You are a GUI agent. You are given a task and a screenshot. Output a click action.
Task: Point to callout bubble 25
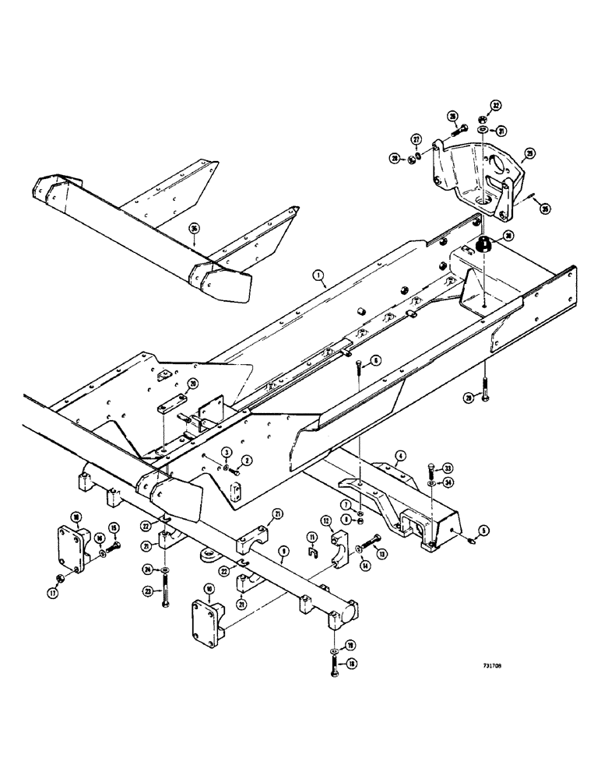pyautogui.click(x=530, y=153)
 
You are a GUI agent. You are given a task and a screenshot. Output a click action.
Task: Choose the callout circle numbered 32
pyautogui.click(x=496, y=105)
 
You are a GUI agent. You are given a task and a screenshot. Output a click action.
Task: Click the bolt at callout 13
pyautogui.click(x=371, y=545)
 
